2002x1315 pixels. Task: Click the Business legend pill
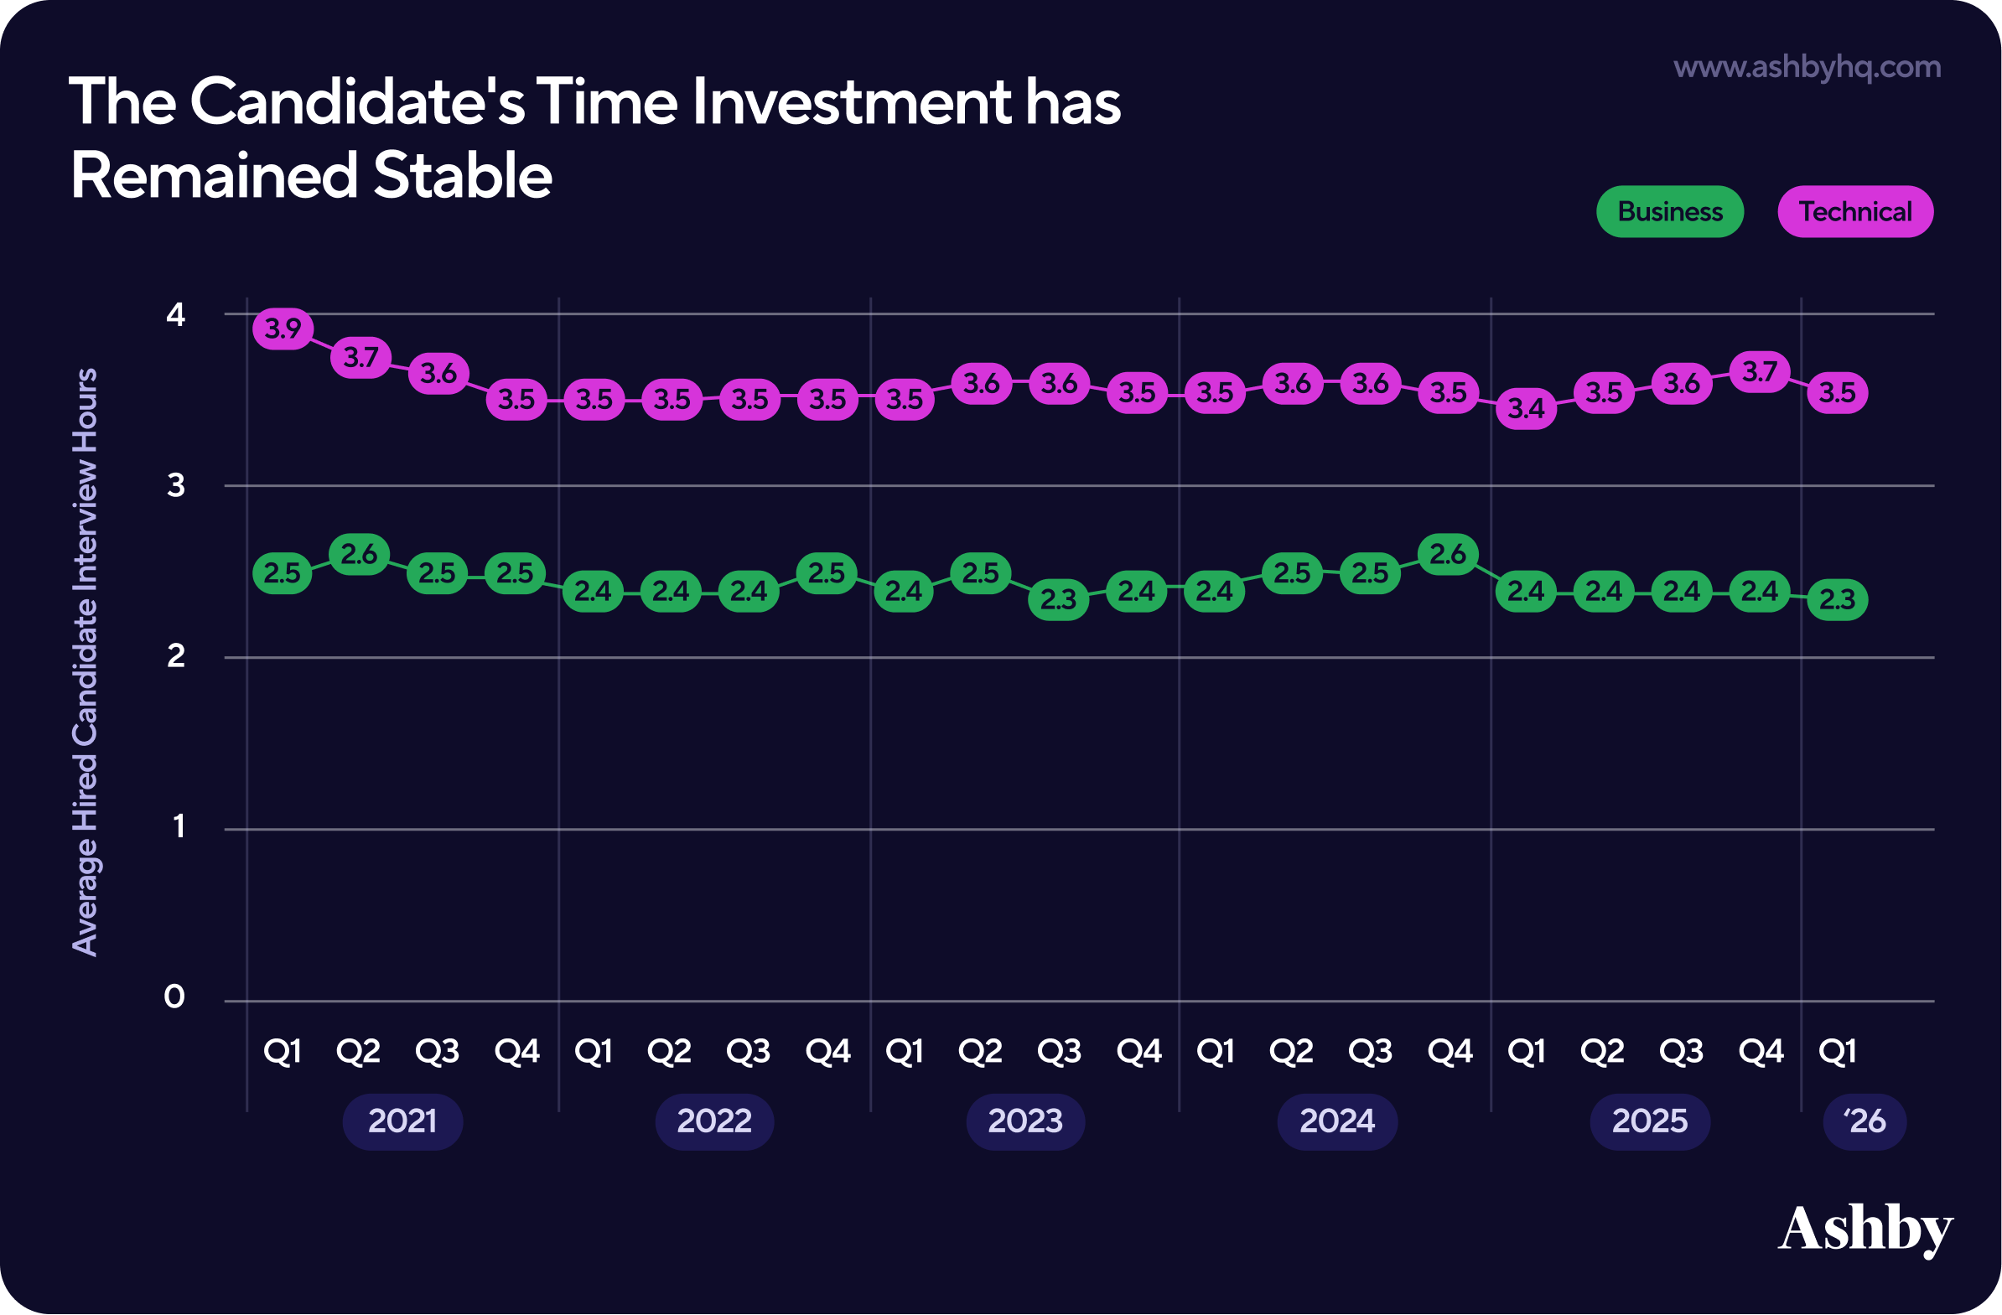pyautogui.click(x=1670, y=211)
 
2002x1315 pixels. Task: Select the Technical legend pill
pyautogui.click(x=1854, y=211)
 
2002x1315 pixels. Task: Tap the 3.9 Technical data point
pyautogui.click(x=283, y=328)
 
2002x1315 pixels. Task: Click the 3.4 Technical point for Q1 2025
pyautogui.click(x=1526, y=409)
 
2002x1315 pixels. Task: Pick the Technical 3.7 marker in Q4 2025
pyautogui.click(x=1760, y=371)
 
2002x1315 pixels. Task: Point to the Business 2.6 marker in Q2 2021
pyautogui.click(x=359, y=554)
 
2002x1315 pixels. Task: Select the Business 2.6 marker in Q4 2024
pyautogui.click(x=1448, y=554)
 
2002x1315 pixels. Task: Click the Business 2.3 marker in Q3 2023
pyautogui.click(x=1058, y=599)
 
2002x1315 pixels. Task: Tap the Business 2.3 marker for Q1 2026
pyautogui.click(x=1837, y=599)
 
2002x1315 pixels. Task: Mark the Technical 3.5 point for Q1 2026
pyautogui.click(x=1837, y=392)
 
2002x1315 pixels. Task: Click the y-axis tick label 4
pyautogui.click(x=175, y=315)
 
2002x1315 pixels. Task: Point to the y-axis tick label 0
pyautogui.click(x=174, y=997)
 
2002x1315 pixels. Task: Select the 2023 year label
pyautogui.click(x=1025, y=1121)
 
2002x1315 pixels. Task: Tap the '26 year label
pyautogui.click(x=1864, y=1121)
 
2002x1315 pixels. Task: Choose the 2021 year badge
pyautogui.click(x=402, y=1121)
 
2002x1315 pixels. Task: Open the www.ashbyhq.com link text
pyautogui.click(x=1807, y=67)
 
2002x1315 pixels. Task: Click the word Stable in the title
pyautogui.click(x=462, y=176)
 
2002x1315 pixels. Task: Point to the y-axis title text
pyautogui.click(x=85, y=662)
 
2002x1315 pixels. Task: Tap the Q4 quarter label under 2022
pyautogui.click(x=827, y=1051)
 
